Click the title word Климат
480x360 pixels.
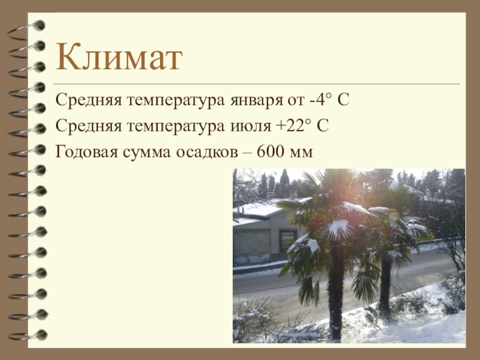point(119,57)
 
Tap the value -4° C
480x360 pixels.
point(329,100)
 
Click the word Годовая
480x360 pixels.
point(86,152)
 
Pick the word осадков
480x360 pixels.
point(206,152)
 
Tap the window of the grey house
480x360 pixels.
point(288,240)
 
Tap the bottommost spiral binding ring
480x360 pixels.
point(28,335)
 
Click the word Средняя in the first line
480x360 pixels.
point(88,100)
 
